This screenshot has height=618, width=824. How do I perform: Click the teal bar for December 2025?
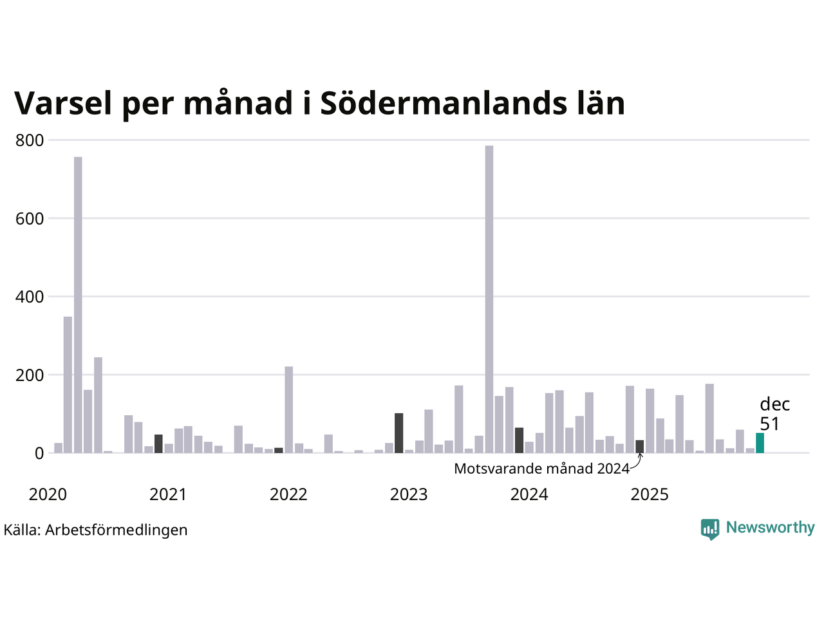(x=760, y=443)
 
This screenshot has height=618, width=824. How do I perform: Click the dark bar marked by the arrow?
(x=639, y=446)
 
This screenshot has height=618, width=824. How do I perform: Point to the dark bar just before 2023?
(x=399, y=433)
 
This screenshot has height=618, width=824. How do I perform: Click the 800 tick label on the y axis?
(x=30, y=140)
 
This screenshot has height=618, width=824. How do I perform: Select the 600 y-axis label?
(x=30, y=219)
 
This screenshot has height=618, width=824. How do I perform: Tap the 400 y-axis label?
(x=30, y=297)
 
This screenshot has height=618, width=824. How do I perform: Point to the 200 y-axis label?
(x=30, y=375)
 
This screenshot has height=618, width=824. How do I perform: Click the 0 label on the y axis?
(x=40, y=453)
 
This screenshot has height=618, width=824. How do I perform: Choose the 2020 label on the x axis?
(x=48, y=494)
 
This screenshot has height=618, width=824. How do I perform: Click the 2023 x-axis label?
(x=409, y=494)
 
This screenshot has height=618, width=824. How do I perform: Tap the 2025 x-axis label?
(x=650, y=494)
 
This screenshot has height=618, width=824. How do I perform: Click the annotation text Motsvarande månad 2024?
(x=541, y=469)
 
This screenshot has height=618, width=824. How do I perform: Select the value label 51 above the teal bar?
(x=769, y=424)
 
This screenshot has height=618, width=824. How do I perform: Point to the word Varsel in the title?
(x=63, y=103)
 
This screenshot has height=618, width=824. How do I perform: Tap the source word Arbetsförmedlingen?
(x=117, y=530)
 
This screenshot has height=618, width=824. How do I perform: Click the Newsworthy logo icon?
(x=709, y=529)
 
